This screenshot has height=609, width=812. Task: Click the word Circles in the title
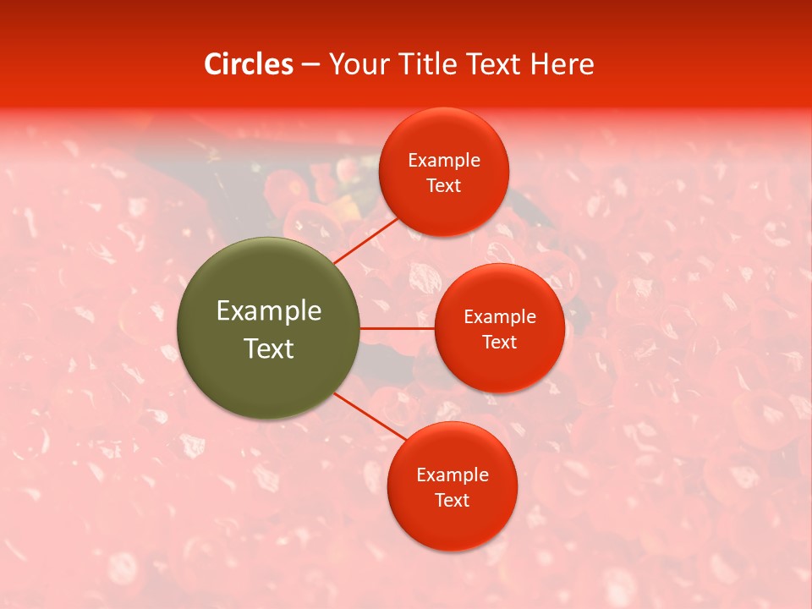[x=248, y=64]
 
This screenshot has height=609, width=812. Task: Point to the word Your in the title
[x=357, y=64]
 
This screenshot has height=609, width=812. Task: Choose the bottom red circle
[x=452, y=524]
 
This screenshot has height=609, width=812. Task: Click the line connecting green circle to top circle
[x=365, y=240]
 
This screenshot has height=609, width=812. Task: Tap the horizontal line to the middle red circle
[x=397, y=328]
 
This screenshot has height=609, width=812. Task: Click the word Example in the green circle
[x=268, y=311]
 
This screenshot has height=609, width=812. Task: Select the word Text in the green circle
[x=268, y=348]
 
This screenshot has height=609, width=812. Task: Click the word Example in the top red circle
[x=443, y=161]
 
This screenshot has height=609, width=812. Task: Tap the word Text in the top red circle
[x=443, y=186]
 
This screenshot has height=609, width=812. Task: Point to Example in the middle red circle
[x=499, y=317]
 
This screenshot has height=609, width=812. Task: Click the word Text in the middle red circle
[x=499, y=343]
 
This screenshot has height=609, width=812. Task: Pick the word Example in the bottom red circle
[x=452, y=475]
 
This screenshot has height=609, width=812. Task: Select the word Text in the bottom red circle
[x=452, y=501]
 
